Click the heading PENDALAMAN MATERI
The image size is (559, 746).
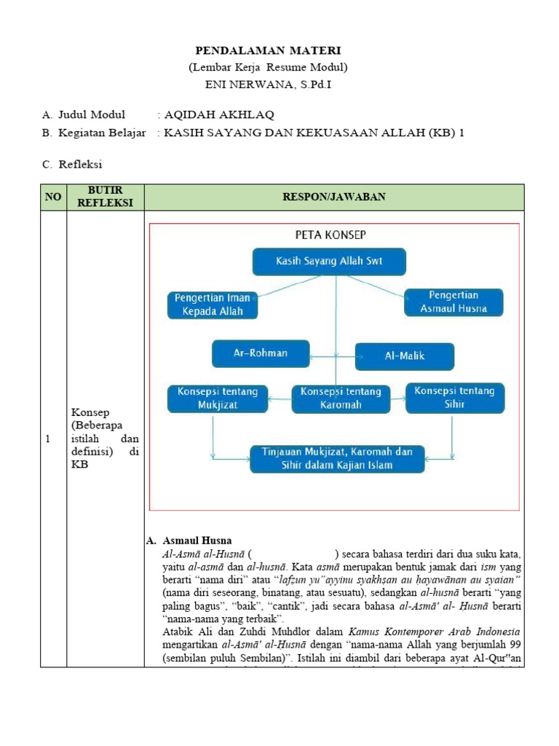point(268,50)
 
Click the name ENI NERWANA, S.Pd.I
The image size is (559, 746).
point(268,84)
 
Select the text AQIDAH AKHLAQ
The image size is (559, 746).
point(219,115)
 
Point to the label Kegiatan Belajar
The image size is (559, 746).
point(102,133)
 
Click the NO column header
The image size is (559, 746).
point(53,197)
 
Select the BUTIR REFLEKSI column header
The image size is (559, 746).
point(105,197)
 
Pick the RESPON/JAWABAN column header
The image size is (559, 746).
point(335,197)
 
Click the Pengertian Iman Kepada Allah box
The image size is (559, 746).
point(213,305)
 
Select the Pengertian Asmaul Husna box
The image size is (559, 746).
point(453,302)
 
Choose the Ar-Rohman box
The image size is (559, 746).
point(261,353)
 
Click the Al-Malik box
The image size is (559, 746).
point(405,356)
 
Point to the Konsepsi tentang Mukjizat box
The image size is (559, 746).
point(213,398)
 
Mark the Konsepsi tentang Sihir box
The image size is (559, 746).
point(454,397)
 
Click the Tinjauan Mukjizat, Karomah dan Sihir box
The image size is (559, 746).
point(337,458)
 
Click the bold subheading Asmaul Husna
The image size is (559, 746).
point(197,541)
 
